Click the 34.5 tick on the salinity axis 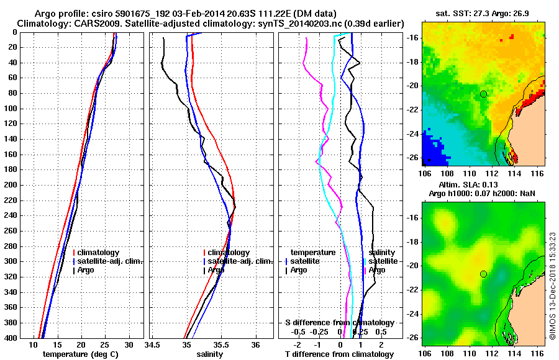pyautogui.click(x=152, y=344)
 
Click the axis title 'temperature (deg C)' pyautogui.click(x=81, y=354)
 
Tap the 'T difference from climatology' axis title pyautogui.click(x=339, y=354)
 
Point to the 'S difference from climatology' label pyautogui.click(x=339, y=323)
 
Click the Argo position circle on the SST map pyautogui.click(x=483, y=94)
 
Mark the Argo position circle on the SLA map pyautogui.click(x=483, y=273)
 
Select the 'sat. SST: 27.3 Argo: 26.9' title pyautogui.click(x=483, y=13)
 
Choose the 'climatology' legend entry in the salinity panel pyautogui.click(x=228, y=253)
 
